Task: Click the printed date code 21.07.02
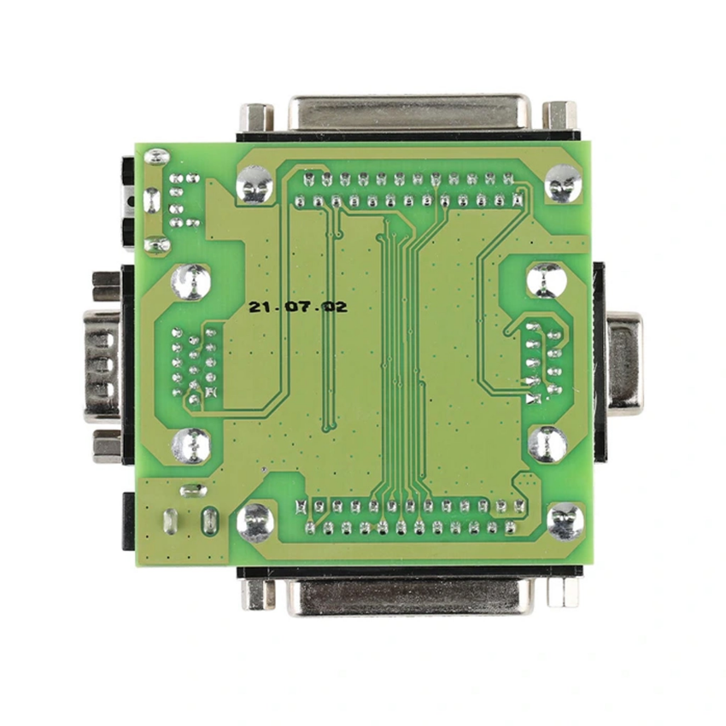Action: click(298, 307)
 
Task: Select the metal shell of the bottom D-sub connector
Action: click(410, 598)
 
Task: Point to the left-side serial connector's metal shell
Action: click(102, 366)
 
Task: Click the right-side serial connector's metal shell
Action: click(625, 361)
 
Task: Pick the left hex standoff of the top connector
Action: click(256, 117)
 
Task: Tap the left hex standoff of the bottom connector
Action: click(258, 593)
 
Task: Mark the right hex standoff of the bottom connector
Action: click(563, 592)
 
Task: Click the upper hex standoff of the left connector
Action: click(107, 285)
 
